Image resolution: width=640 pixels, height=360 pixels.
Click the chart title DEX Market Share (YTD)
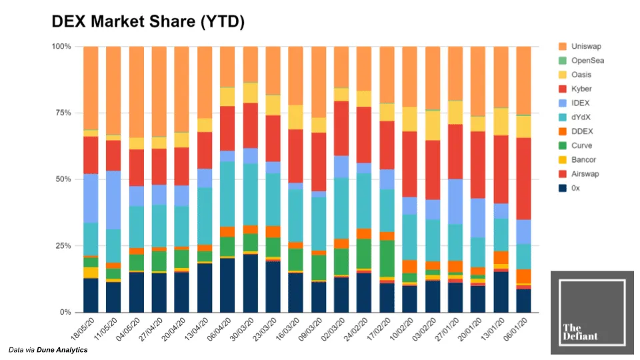pos(149,22)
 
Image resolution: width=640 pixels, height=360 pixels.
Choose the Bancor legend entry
pos(583,160)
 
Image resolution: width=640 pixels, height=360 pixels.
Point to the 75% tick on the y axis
pos(63,113)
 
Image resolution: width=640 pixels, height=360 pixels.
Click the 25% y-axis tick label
pos(63,246)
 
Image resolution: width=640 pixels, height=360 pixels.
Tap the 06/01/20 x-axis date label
pos(518,329)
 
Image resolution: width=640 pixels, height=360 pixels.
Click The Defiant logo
pos(592,313)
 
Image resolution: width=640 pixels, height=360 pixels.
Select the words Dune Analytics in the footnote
pos(62,350)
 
